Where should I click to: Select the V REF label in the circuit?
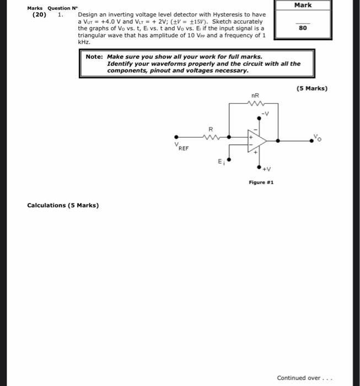(181, 147)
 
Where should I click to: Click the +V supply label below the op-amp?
(266, 169)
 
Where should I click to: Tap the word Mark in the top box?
(303, 6)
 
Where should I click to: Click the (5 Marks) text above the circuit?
(311, 88)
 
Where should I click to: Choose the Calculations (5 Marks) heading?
(63, 206)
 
